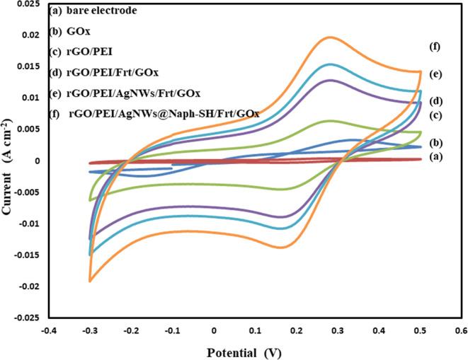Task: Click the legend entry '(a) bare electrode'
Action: coord(93,11)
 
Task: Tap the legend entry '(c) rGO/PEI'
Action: coord(81,52)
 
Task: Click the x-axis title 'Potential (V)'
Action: coord(249,351)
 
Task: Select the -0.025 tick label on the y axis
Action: coord(28,318)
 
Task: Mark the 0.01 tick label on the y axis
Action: coord(32,98)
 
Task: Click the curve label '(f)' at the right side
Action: coord(435,47)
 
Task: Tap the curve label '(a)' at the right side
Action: coord(435,157)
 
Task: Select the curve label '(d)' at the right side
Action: coord(435,100)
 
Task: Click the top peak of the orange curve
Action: coord(330,37)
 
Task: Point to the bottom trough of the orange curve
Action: coord(281,247)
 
